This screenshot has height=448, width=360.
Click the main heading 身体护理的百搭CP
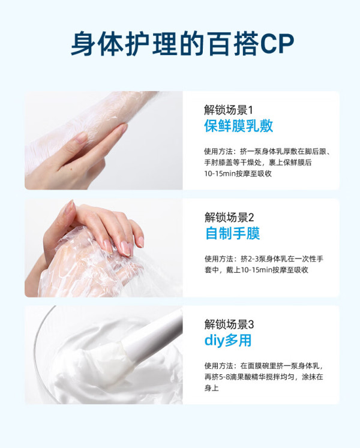pyautogui.click(x=182, y=43)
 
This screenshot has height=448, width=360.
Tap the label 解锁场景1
pyautogui.click(x=229, y=110)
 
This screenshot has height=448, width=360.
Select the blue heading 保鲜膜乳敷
pyautogui.click(x=238, y=126)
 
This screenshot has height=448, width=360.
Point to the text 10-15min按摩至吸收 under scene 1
pyautogui.click(x=238, y=173)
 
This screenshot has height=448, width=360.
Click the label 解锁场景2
pyautogui.click(x=229, y=218)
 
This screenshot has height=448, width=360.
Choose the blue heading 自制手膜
pyautogui.click(x=233, y=233)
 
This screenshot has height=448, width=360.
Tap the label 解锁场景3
pyautogui.click(x=229, y=324)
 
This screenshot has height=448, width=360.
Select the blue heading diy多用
pyautogui.click(x=228, y=340)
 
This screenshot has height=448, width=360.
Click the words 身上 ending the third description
pyautogui.click(x=211, y=387)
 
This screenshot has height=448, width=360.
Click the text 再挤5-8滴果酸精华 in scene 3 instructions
pyautogui.click(x=237, y=377)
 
